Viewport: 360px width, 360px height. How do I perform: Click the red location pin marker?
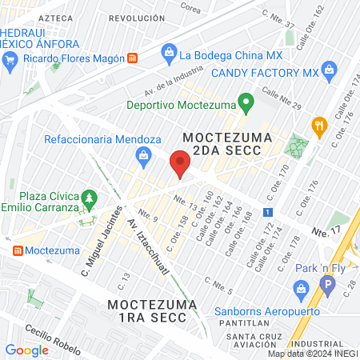180,164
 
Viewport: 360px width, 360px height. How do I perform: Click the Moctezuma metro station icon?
15,250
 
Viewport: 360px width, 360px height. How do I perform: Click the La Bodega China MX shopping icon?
169,54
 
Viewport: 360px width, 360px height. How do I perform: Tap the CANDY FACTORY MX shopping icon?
328,72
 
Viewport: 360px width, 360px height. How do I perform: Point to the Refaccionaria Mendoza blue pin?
144,154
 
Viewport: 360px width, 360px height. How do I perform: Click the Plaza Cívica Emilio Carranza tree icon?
90,197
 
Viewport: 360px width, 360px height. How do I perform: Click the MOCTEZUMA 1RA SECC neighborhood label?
147,310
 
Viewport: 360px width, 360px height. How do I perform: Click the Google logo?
26,350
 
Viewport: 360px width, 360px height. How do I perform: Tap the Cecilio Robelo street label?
50,335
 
